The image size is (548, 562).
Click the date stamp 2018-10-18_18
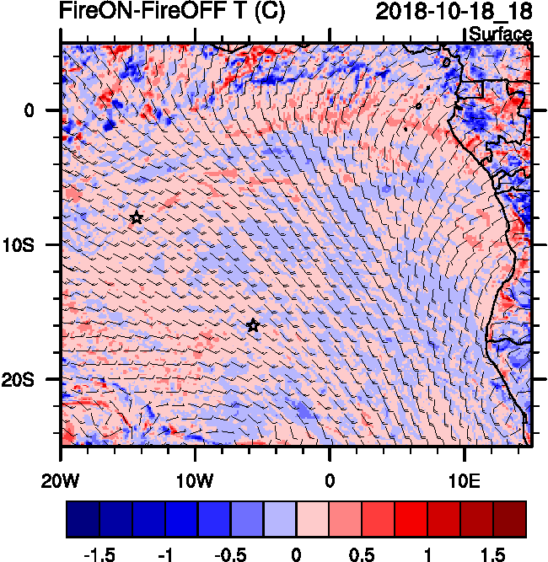point(454,12)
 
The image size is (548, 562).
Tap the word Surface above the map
point(500,35)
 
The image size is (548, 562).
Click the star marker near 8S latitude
point(137,218)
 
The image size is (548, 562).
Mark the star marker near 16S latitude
point(253,326)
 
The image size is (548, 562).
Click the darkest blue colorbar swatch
point(83,519)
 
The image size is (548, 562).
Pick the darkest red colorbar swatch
point(509,519)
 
